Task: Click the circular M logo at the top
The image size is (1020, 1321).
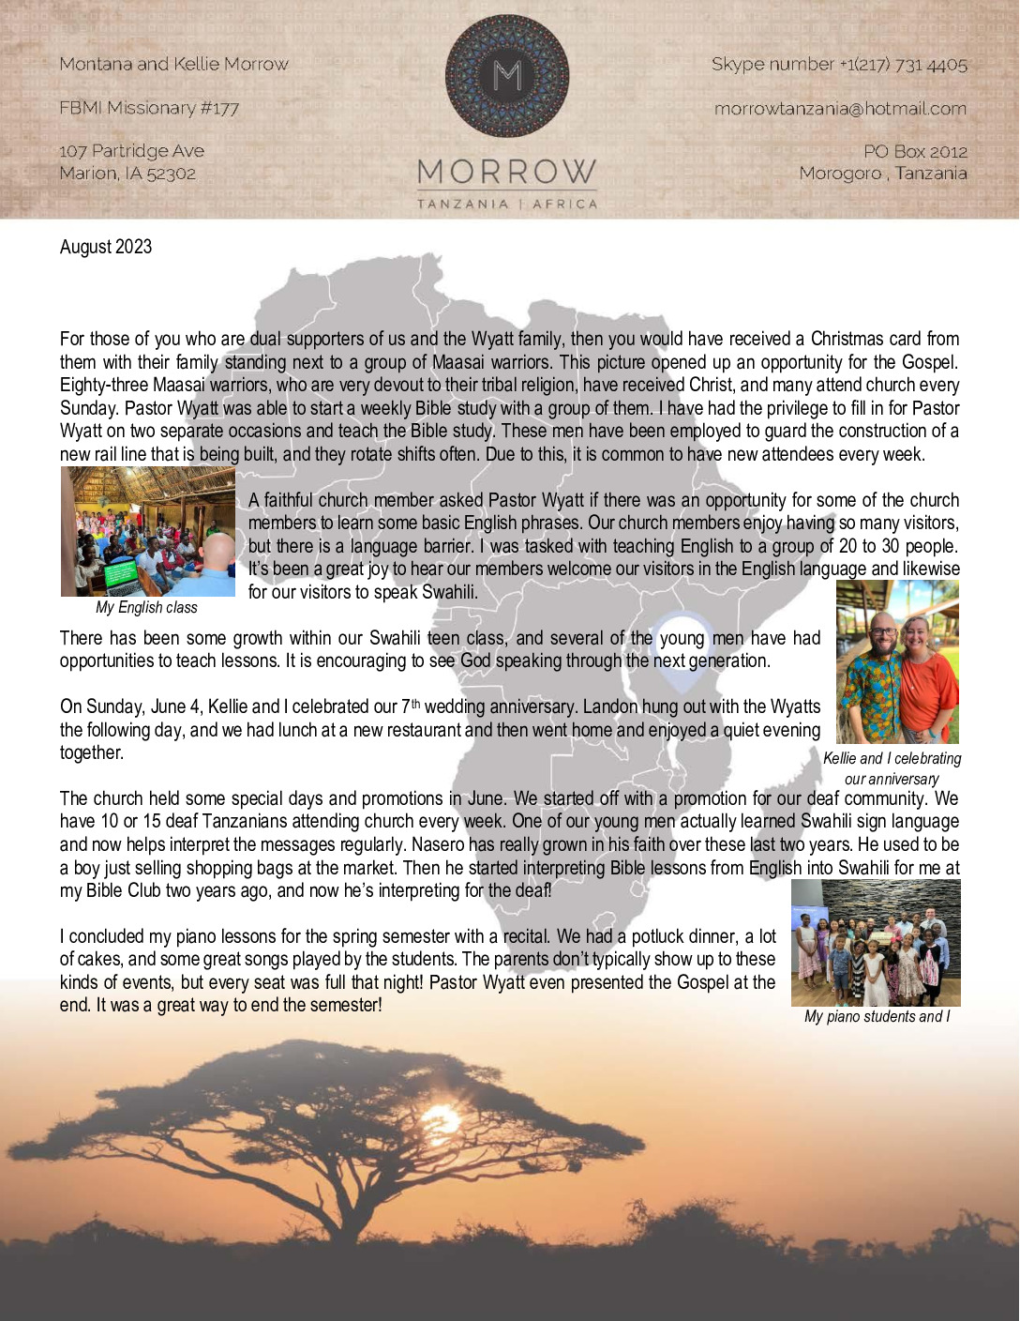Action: click(x=507, y=76)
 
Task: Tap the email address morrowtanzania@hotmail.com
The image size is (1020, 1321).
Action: click(x=840, y=109)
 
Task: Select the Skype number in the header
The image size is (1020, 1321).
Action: click(x=839, y=65)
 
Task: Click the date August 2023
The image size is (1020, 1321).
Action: click(x=106, y=247)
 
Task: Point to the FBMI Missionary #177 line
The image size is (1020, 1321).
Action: click(x=149, y=108)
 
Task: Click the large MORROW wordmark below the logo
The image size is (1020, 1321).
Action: click(x=507, y=173)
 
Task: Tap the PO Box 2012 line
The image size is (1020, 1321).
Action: click(x=915, y=151)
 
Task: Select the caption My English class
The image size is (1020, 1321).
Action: click(x=147, y=607)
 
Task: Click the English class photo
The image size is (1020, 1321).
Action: click(x=148, y=532)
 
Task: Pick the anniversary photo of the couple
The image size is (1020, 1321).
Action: click(x=897, y=662)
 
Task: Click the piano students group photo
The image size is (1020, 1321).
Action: click(x=876, y=943)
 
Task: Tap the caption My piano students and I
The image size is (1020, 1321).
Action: click(x=877, y=1016)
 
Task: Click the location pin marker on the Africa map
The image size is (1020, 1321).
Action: click(x=682, y=635)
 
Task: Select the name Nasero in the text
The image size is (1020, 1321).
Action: click(x=456, y=844)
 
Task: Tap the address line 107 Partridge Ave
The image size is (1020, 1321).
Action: click(x=131, y=151)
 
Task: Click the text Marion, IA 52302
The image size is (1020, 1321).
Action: click(x=127, y=174)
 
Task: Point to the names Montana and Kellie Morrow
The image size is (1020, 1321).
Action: click(x=174, y=65)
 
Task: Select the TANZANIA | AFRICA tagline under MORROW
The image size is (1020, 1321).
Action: click(x=507, y=204)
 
